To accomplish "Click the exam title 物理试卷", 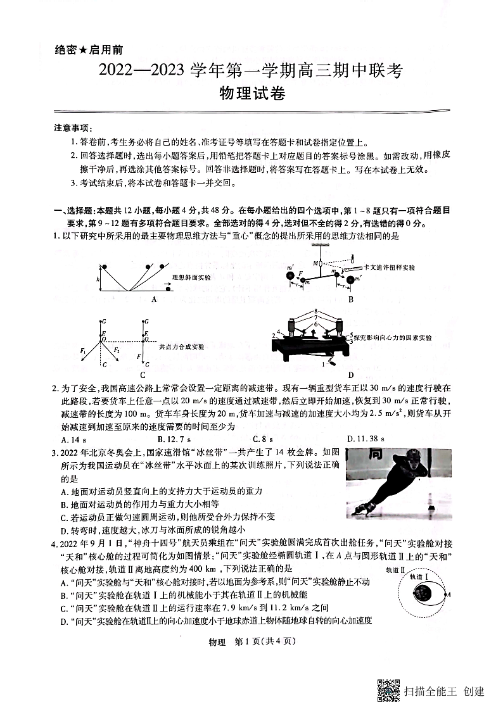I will tap(251, 94).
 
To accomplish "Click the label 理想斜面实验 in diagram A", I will tap(191, 277).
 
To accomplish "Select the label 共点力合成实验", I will tap(182, 346).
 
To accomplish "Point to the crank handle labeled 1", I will tap(324, 365).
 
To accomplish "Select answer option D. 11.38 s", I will tap(366, 438).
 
